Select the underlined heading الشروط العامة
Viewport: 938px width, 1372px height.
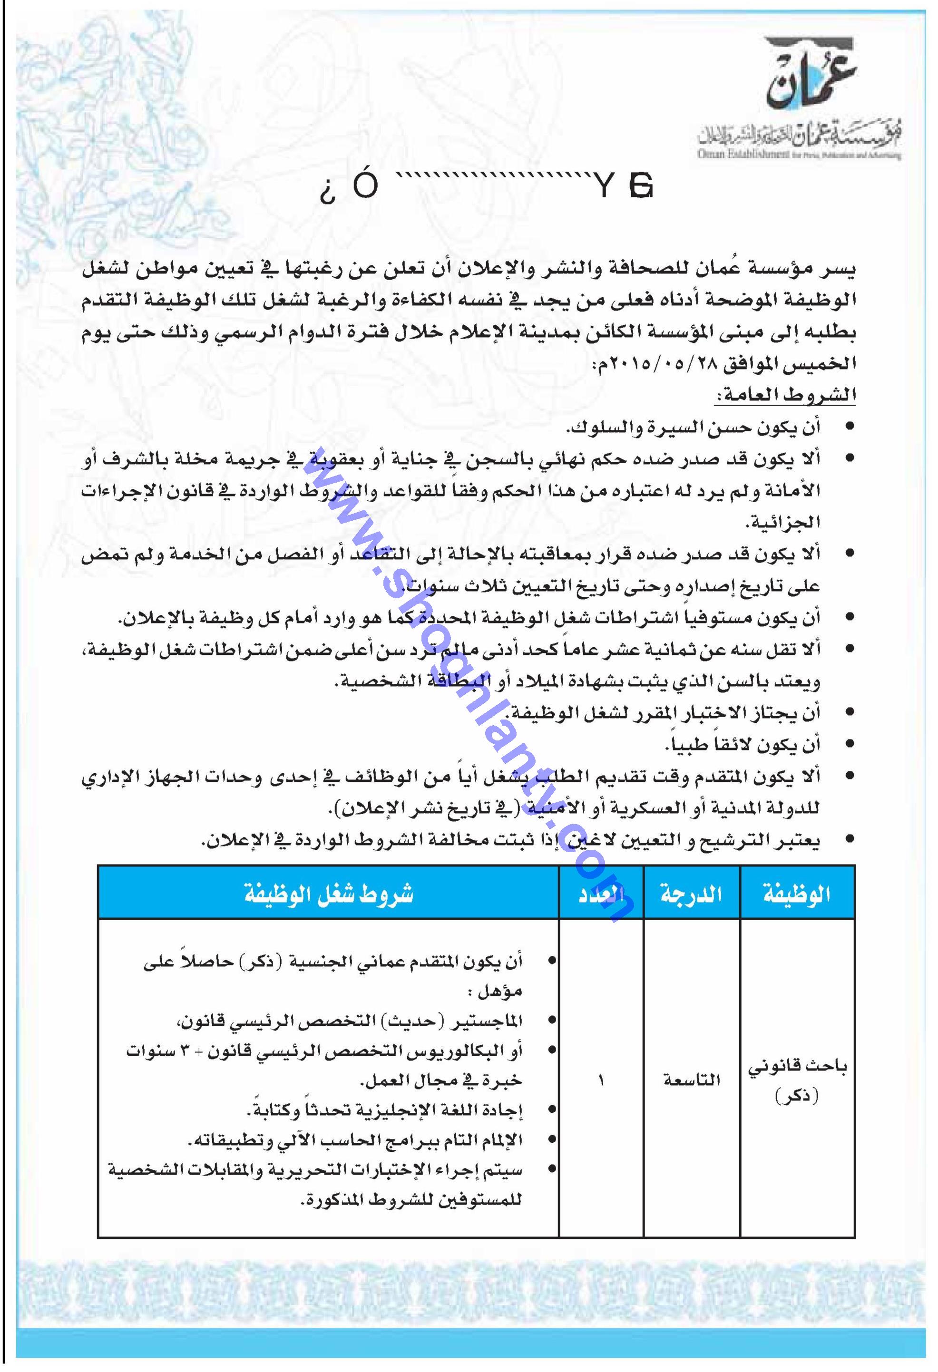(x=785, y=395)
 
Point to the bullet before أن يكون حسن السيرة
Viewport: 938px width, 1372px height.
(x=850, y=427)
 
